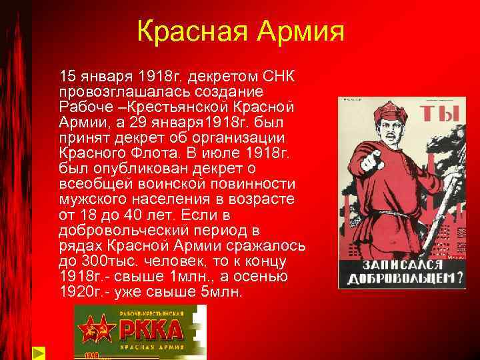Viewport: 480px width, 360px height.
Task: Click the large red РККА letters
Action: tap(151, 330)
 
